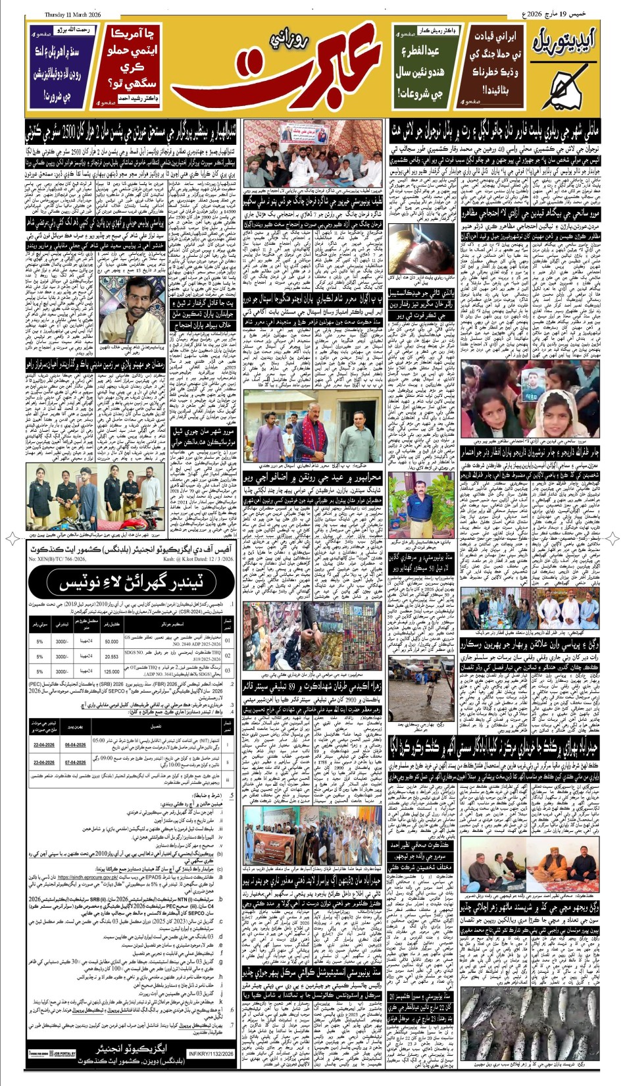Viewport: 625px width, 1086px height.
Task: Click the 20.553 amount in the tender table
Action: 111,656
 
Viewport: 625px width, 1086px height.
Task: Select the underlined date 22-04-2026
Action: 44,744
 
